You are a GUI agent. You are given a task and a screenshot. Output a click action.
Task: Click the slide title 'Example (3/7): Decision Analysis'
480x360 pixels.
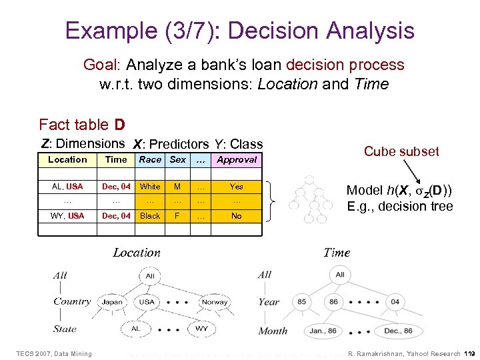click(x=240, y=31)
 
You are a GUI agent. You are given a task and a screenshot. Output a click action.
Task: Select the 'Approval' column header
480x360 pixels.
click(x=237, y=160)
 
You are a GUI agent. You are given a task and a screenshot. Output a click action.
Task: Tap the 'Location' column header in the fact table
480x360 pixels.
click(x=67, y=160)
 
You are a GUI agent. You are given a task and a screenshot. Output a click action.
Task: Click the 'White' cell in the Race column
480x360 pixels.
click(x=150, y=187)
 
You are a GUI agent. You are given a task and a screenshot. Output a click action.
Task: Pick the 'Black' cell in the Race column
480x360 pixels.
click(x=150, y=216)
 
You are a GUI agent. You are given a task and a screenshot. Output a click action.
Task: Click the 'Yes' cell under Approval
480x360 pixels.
click(x=237, y=187)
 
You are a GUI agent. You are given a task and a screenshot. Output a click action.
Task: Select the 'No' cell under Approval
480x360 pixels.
click(x=237, y=216)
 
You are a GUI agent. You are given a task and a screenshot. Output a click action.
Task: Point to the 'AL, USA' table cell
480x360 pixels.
click(x=67, y=187)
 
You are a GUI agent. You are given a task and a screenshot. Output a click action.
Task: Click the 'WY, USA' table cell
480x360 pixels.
click(x=67, y=216)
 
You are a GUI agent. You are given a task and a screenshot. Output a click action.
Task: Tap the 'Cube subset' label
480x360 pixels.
click(x=401, y=151)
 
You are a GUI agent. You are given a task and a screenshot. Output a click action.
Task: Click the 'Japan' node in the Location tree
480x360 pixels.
click(x=112, y=301)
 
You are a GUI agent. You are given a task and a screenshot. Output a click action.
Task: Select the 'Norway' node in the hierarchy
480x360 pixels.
click(x=215, y=301)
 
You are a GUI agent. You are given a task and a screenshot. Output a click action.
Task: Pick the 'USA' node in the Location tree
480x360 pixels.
click(x=147, y=301)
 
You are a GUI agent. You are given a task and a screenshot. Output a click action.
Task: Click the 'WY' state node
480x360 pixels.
click(x=201, y=329)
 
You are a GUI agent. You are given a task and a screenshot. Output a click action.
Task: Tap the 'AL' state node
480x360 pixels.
click(x=136, y=329)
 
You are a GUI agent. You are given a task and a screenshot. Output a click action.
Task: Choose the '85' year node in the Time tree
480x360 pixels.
click(x=302, y=301)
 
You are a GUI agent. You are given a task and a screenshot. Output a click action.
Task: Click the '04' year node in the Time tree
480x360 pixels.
click(x=395, y=301)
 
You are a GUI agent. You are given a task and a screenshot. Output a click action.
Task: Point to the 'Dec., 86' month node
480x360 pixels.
click(x=399, y=331)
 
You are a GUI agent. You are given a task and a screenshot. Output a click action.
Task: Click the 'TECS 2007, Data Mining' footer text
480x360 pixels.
click(x=54, y=353)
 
